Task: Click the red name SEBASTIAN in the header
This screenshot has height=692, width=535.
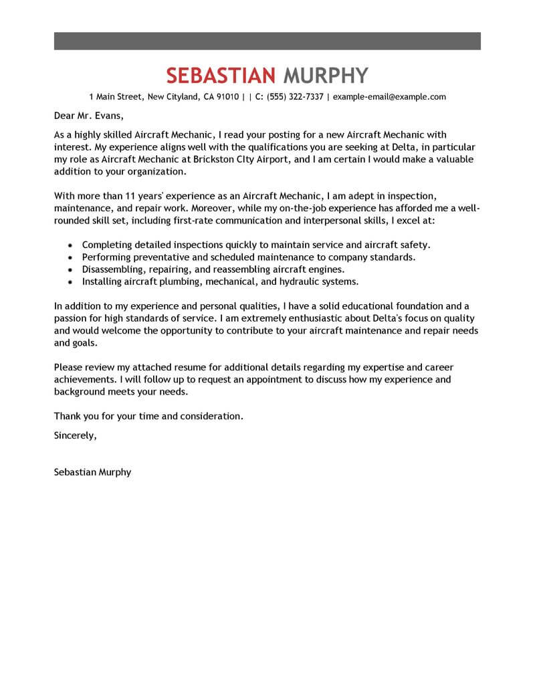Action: [x=221, y=74]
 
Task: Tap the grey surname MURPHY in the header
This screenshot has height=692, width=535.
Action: [x=326, y=74]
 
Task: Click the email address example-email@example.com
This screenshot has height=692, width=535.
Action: [x=389, y=97]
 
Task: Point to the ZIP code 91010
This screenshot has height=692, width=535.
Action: [x=226, y=97]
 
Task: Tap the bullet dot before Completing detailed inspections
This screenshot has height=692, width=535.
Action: [x=70, y=246]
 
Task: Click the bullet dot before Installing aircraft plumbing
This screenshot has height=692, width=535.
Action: [x=70, y=282]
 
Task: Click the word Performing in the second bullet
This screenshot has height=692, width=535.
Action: [x=106, y=257]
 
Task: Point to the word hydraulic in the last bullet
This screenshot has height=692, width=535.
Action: [x=299, y=281]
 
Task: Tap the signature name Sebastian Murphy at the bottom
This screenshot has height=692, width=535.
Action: [x=92, y=472]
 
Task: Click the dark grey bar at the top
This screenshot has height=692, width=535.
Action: [x=267, y=40]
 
